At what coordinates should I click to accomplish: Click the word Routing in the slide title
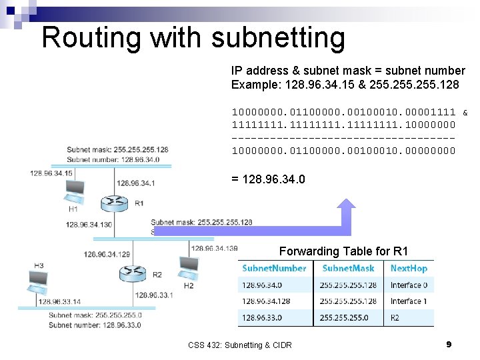91,37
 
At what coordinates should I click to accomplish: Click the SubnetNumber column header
274,268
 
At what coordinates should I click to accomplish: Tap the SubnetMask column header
348,268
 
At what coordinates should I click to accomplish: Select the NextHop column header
409,268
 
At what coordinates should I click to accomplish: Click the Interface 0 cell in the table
409,285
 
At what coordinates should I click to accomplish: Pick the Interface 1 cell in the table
409,301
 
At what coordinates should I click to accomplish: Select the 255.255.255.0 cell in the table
344,317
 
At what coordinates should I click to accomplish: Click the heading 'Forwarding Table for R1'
343,251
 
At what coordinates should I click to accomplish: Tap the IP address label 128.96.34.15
51,173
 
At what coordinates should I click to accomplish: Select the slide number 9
449,344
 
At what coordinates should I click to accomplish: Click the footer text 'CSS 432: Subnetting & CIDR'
240,345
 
